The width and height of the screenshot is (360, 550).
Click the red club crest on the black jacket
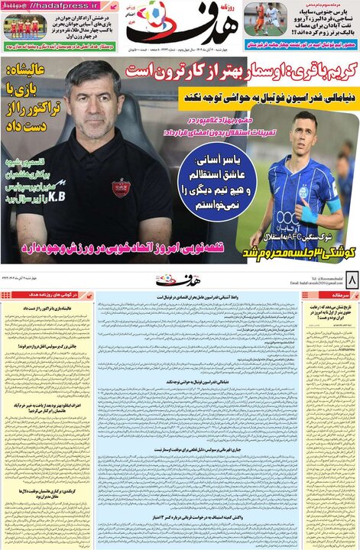120,186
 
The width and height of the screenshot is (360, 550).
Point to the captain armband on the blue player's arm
333,205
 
